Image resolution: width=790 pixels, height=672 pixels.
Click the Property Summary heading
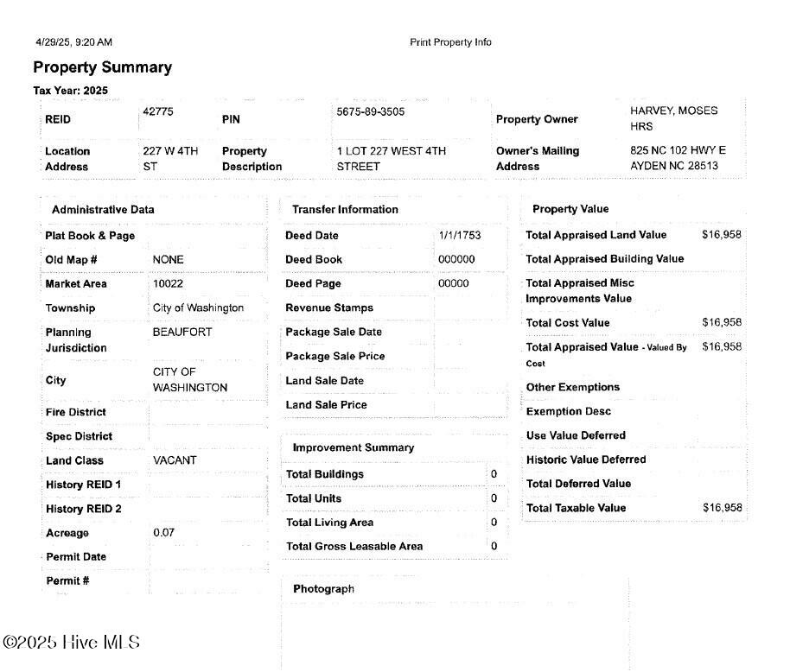[102, 67]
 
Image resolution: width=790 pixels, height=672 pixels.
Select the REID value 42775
[158, 111]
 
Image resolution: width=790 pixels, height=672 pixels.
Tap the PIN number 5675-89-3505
[370, 111]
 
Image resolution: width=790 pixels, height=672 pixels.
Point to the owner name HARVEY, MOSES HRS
[673, 118]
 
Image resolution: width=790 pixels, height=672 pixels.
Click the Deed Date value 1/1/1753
[460, 235]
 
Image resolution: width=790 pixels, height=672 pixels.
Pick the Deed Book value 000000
[456, 259]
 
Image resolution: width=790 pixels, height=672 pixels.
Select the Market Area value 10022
[168, 283]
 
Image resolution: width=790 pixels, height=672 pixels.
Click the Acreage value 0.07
[163, 532]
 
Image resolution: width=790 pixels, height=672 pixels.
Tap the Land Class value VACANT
[175, 460]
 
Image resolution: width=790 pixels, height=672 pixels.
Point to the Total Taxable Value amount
[722, 508]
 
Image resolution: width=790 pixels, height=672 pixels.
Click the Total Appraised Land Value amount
[722, 235]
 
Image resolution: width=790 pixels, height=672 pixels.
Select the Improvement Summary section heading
[353, 447]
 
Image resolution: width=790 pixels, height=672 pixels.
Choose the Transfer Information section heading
[345, 209]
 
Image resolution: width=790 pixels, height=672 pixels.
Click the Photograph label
[323, 589]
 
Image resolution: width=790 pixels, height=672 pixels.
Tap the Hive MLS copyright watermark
[71, 643]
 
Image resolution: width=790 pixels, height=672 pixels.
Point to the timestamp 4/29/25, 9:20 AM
[73, 42]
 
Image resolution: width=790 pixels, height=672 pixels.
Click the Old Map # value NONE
[168, 259]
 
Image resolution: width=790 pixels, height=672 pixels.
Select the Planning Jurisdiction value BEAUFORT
[182, 332]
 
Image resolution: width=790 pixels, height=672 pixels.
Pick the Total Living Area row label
[329, 523]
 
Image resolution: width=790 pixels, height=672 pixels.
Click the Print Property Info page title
[450, 42]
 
